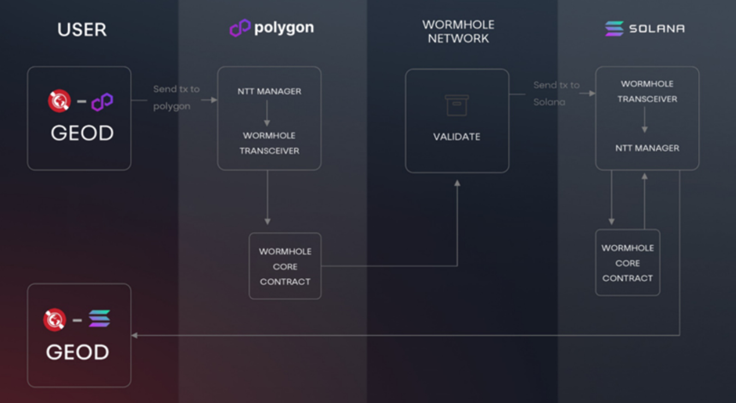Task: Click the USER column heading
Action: click(x=82, y=29)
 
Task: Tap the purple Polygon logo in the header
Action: click(x=240, y=28)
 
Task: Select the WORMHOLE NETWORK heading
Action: click(x=458, y=32)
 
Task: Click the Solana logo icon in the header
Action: click(x=614, y=28)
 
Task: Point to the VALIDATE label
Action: click(x=457, y=137)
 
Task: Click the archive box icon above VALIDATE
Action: click(x=457, y=105)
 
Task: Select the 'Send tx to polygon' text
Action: click(x=176, y=97)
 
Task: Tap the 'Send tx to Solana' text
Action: click(x=556, y=93)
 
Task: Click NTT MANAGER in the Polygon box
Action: click(x=269, y=91)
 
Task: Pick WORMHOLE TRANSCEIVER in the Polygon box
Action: click(x=269, y=143)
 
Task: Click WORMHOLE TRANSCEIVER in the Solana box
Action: click(x=647, y=91)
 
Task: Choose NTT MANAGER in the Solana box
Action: click(x=647, y=148)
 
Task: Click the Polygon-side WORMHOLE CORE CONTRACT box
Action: click(x=285, y=266)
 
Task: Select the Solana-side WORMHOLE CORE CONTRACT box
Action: click(x=627, y=263)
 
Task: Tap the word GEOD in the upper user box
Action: click(x=82, y=133)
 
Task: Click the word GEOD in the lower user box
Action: click(x=78, y=352)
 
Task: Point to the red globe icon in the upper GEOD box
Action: click(x=59, y=101)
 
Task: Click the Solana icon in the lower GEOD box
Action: click(x=99, y=318)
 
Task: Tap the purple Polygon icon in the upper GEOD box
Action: click(x=102, y=102)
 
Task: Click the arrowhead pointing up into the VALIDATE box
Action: click(x=457, y=183)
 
